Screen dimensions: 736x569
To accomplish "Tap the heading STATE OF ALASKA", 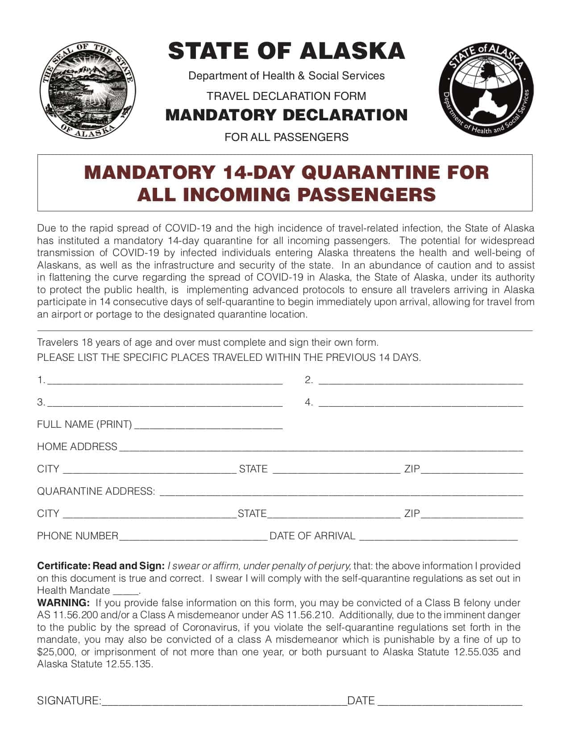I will pyautogui.click(x=287, y=51).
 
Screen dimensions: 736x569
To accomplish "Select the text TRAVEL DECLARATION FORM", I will pyautogui.click(x=287, y=96).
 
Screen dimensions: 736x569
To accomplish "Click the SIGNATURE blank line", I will pyautogui.click(x=224, y=702).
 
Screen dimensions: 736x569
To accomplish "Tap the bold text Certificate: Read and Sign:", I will pyautogui.click(x=101, y=566).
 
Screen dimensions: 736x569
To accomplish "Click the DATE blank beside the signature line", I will pyautogui.click(x=450, y=702).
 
